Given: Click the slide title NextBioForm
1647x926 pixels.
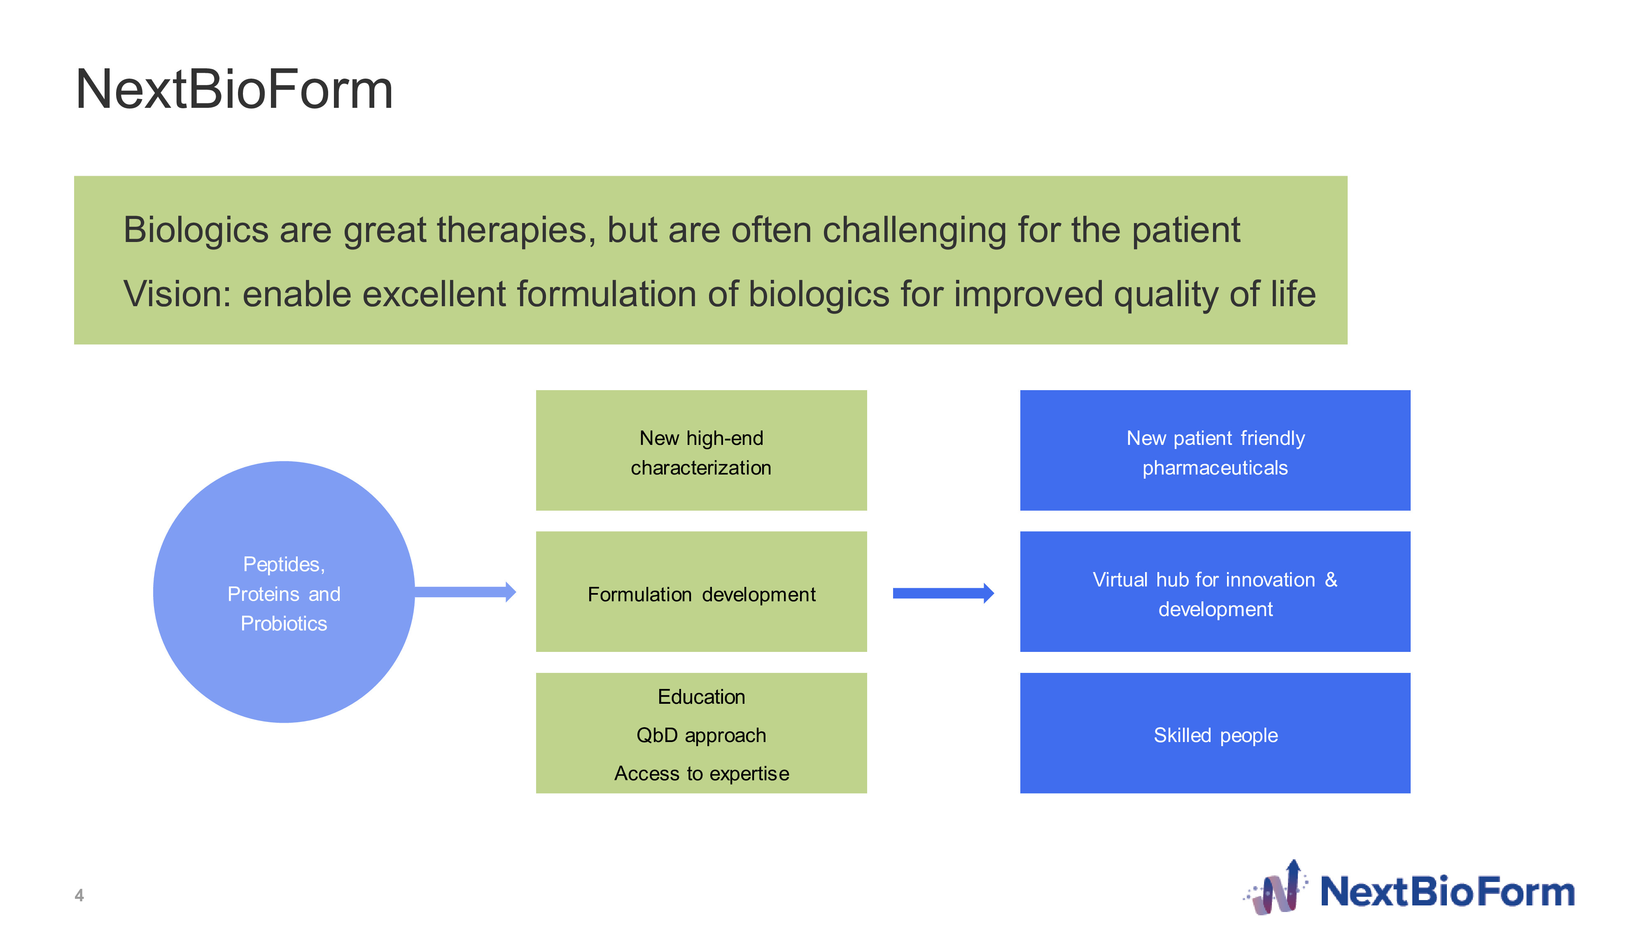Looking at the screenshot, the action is [x=234, y=89].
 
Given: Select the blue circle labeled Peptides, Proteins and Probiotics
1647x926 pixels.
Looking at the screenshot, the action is [x=284, y=592].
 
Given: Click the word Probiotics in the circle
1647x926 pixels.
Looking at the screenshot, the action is [x=284, y=624].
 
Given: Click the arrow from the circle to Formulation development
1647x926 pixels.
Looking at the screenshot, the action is [x=465, y=592].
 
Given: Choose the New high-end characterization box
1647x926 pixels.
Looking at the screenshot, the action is [x=701, y=451].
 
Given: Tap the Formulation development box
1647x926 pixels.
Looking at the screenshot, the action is [x=701, y=592].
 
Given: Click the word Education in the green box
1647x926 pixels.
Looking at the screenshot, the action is [x=701, y=697].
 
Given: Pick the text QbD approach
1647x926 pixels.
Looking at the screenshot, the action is [x=701, y=735].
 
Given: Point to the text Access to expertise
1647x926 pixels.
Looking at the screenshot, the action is [x=701, y=774].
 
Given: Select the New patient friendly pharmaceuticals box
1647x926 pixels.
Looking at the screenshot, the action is [x=1215, y=451].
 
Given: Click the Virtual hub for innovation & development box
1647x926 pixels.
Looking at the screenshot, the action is [x=1215, y=592].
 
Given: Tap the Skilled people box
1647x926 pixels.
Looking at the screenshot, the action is [x=1215, y=733].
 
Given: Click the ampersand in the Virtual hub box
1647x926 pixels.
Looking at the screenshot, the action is [x=1330, y=579].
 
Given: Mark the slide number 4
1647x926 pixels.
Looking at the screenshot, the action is [x=79, y=895].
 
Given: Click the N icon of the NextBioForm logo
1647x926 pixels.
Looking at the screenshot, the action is [x=1276, y=888].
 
